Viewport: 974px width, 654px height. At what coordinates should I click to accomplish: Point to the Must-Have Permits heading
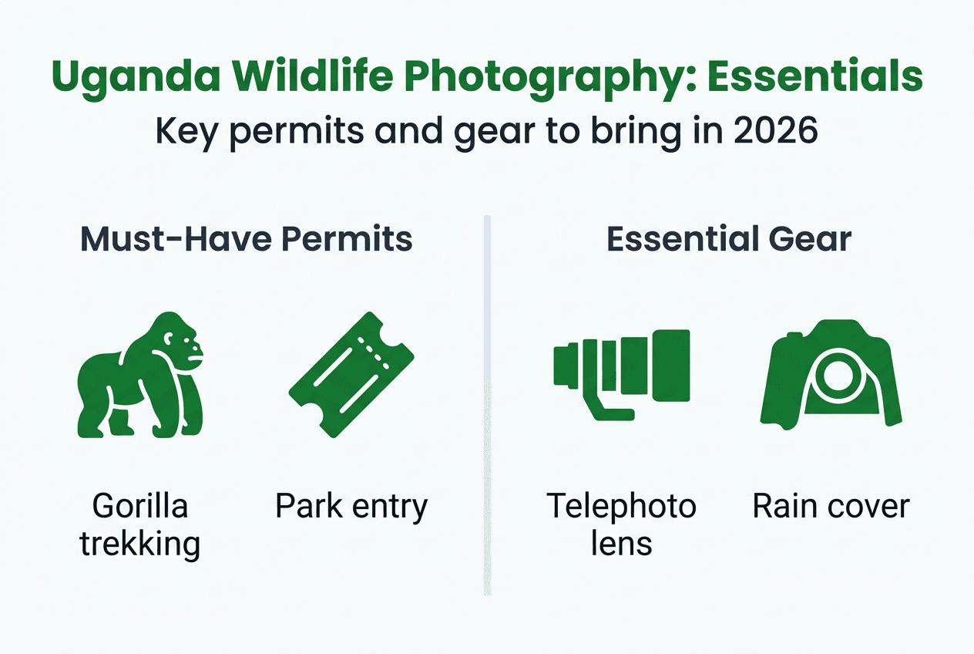247,239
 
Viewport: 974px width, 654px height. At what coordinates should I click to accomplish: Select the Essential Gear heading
728,239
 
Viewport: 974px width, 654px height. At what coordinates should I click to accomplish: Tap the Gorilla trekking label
140,525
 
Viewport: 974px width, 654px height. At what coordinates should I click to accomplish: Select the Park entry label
351,507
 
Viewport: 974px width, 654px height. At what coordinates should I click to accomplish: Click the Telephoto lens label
622,525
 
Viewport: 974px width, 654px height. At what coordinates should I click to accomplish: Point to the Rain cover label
831,507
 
